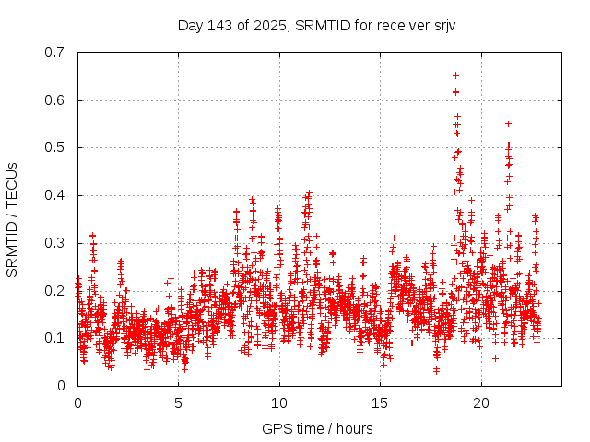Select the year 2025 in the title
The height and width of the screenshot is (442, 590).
click(x=270, y=25)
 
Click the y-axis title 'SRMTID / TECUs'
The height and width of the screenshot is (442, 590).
click(x=12, y=219)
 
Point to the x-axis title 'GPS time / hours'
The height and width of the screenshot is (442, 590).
click(x=317, y=428)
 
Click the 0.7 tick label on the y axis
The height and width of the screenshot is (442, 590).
click(x=54, y=52)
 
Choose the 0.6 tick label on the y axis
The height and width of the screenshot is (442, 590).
click(x=54, y=100)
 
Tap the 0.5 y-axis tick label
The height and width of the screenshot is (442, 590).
click(x=54, y=147)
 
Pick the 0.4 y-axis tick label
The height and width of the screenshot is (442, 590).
click(x=54, y=195)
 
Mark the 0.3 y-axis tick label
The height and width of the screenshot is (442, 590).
click(x=54, y=243)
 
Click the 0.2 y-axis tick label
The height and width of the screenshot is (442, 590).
click(x=54, y=290)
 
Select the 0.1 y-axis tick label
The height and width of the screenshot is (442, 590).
click(x=54, y=338)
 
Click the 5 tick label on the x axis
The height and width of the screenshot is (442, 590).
click(x=178, y=403)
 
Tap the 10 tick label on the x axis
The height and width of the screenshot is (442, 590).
click(x=278, y=403)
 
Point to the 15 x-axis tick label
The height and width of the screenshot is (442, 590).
click(x=380, y=403)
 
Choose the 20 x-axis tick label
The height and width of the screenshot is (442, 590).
click(x=480, y=403)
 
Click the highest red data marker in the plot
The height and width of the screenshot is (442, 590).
click(x=455, y=76)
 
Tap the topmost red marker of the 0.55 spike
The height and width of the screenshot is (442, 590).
click(x=508, y=123)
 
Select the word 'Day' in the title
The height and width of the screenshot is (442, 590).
click(x=190, y=25)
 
